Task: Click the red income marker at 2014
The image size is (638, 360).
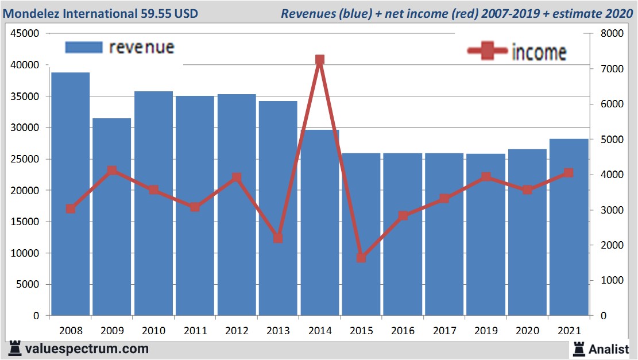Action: [x=320, y=60]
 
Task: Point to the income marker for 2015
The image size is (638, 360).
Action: [x=361, y=258]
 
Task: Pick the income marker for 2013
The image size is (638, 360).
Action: [x=278, y=238]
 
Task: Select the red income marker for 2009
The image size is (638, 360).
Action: [x=112, y=171]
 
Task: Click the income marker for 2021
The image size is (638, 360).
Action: [x=569, y=173]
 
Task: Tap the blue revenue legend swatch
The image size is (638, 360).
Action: [x=84, y=47]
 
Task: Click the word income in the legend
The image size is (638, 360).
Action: [x=539, y=52]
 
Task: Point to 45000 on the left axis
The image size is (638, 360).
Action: [x=25, y=34]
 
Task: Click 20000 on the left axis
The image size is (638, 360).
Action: [x=25, y=191]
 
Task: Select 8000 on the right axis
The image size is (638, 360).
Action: [x=612, y=34]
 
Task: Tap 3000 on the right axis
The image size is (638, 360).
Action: [x=612, y=210]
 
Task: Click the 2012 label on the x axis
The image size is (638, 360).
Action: [x=237, y=331]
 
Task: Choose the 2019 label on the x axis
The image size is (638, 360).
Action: [x=486, y=331]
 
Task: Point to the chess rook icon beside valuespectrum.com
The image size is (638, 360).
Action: [x=15, y=349]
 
